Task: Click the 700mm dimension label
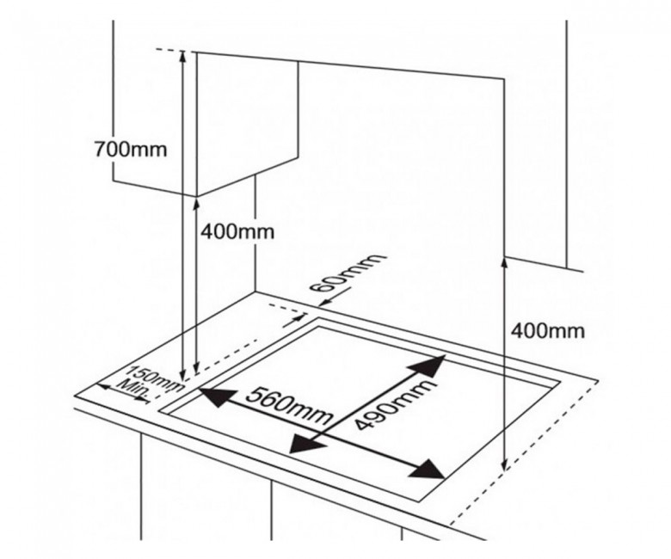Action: pos(131,150)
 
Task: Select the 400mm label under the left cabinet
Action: pos(237,232)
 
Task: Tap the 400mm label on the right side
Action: pos(548,330)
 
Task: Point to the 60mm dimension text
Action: pos(347,273)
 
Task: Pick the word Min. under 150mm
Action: pos(135,389)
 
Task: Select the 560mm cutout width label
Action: pos(289,405)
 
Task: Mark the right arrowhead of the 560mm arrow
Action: pos(427,470)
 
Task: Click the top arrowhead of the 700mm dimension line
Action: pos(182,56)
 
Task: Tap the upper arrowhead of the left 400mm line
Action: pos(196,205)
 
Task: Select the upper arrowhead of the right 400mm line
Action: pos(504,264)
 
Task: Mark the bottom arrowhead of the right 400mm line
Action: pos(504,464)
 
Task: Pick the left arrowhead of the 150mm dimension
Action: pos(105,387)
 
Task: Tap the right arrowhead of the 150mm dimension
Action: pos(141,399)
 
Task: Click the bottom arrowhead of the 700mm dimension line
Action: pos(184,375)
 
